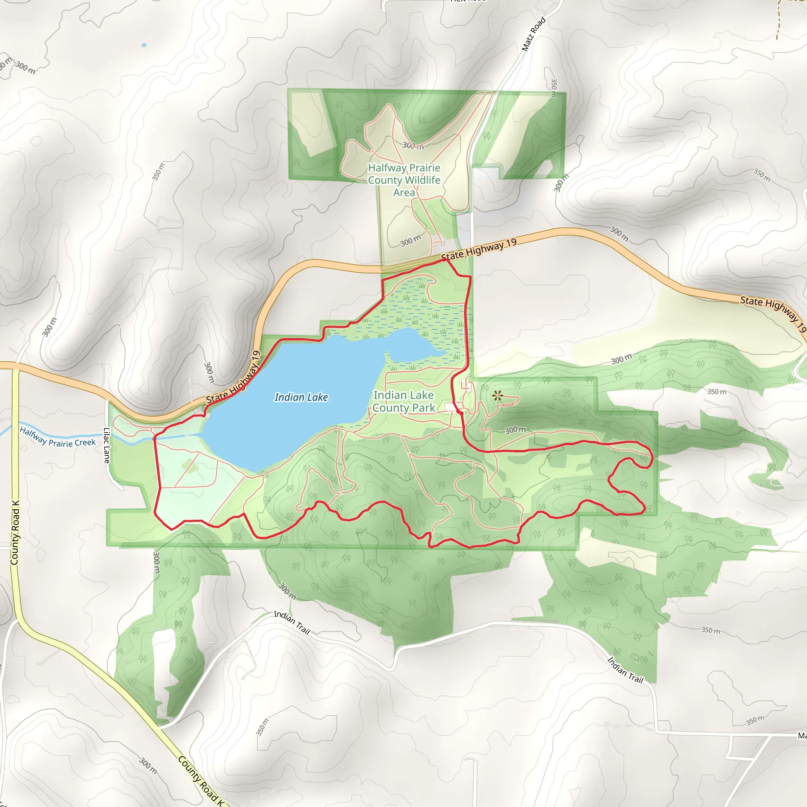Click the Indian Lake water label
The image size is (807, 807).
tap(301, 397)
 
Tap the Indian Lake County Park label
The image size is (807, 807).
tap(403, 402)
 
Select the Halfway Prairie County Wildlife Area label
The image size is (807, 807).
tap(404, 180)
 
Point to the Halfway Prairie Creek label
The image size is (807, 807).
tap(58, 437)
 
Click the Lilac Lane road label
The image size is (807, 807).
tap(106, 445)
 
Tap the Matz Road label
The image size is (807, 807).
tap(534, 34)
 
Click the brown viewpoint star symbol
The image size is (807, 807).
tap(497, 395)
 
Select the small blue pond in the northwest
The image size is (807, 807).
tap(144, 45)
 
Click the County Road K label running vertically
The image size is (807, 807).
tap(15, 533)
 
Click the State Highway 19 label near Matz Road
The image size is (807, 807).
tap(479, 249)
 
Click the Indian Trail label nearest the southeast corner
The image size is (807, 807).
tap(625, 669)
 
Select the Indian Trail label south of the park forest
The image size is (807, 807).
tap(292, 622)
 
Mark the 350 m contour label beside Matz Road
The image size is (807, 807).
tap(554, 88)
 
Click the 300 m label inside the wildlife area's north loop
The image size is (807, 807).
tap(413, 146)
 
